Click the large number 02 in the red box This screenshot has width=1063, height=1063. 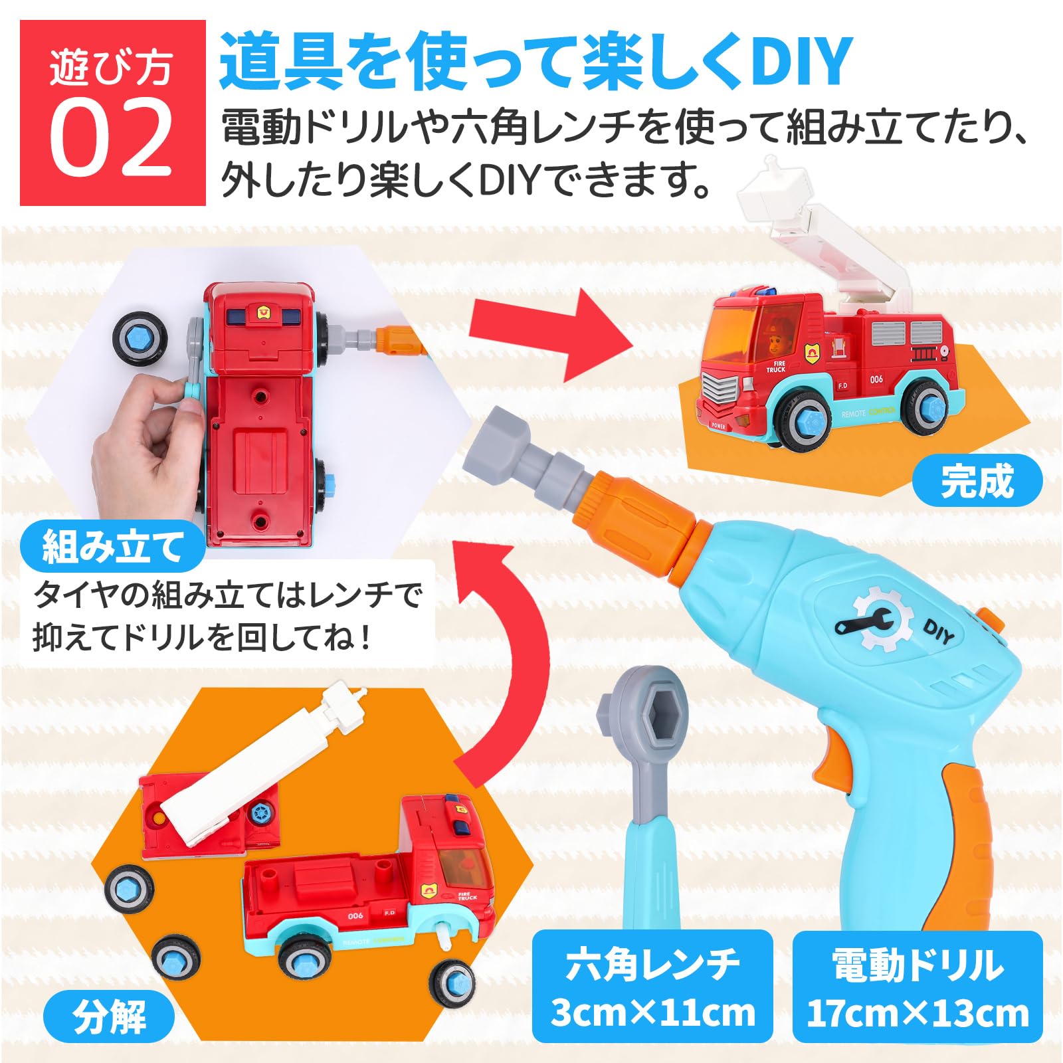(111, 137)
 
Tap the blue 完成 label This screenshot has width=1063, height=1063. (977, 480)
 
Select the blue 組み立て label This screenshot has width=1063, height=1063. (112, 547)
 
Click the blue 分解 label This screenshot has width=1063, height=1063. (109, 1016)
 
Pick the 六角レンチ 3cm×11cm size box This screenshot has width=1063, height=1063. (652, 986)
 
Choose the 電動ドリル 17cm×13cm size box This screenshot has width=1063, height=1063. (918, 986)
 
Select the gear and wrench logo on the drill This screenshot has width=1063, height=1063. (872, 619)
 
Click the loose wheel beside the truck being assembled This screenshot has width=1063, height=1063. (139, 341)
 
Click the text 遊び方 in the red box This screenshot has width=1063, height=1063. (111, 68)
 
